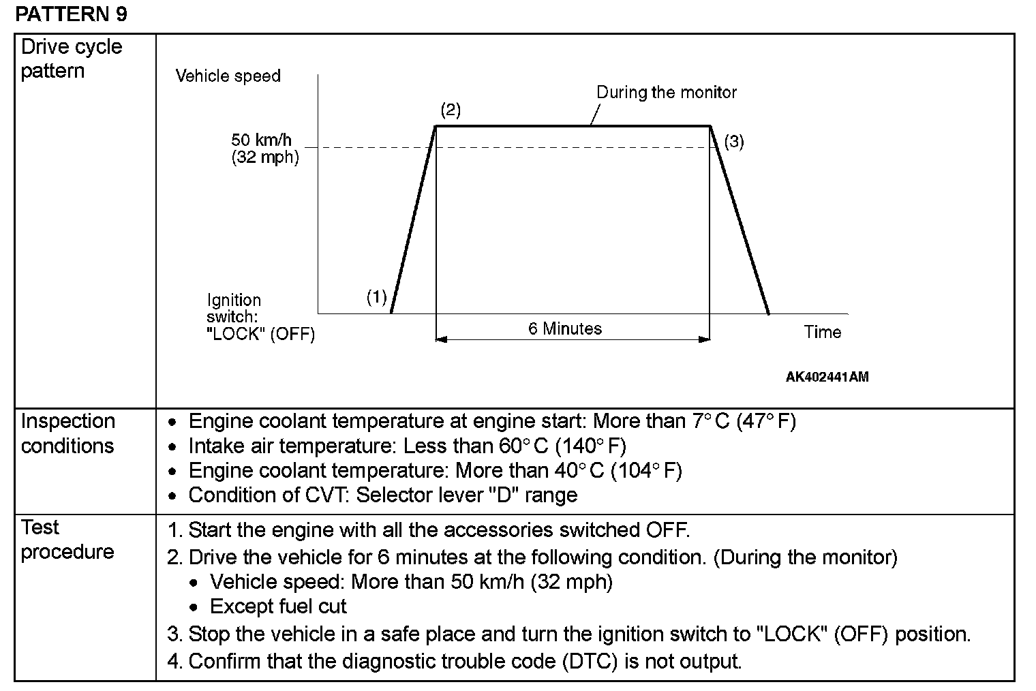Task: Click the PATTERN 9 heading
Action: pyautogui.click(x=71, y=14)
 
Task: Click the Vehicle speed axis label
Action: pyautogui.click(x=228, y=76)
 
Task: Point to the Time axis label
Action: pyautogui.click(x=822, y=332)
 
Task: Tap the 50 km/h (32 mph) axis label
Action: pyautogui.click(x=264, y=149)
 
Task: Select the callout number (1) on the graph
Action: pyautogui.click(x=376, y=296)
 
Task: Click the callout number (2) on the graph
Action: pyautogui.click(x=451, y=110)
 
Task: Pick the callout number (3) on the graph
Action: pyautogui.click(x=733, y=142)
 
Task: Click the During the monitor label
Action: pyautogui.click(x=666, y=92)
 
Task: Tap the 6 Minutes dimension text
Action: pyautogui.click(x=565, y=328)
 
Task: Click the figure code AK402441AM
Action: pyautogui.click(x=827, y=377)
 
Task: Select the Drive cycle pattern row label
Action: pyautogui.click(x=72, y=59)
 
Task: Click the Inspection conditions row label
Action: pyautogui.click(x=67, y=433)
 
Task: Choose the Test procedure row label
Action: pyautogui.click(x=67, y=539)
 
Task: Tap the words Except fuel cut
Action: pyautogui.click(x=278, y=606)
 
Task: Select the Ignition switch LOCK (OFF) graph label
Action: pyautogui.click(x=260, y=317)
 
